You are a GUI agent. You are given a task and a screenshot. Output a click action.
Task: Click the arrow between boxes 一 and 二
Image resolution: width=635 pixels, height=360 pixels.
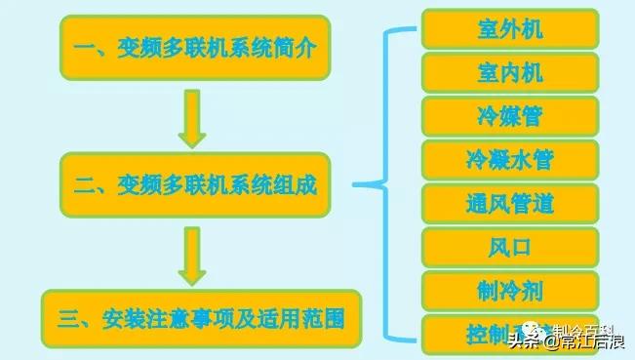pos(192,114)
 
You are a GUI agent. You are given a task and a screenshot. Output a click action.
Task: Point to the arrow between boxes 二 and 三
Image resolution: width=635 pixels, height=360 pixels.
pos(192,250)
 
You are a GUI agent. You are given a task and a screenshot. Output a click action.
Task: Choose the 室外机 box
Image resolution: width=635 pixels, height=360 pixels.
pos(510,27)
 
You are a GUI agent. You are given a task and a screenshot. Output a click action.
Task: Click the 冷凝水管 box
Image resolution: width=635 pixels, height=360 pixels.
pos(510,159)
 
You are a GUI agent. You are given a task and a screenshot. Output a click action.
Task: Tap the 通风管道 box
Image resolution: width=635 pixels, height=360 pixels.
pos(510,203)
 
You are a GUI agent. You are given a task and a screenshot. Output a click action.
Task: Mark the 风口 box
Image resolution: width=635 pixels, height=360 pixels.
pos(510,247)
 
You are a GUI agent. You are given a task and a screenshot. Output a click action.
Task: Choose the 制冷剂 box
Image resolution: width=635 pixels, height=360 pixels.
pos(510,291)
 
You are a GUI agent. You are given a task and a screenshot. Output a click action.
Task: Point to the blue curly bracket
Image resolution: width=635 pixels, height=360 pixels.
pos(385,183)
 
